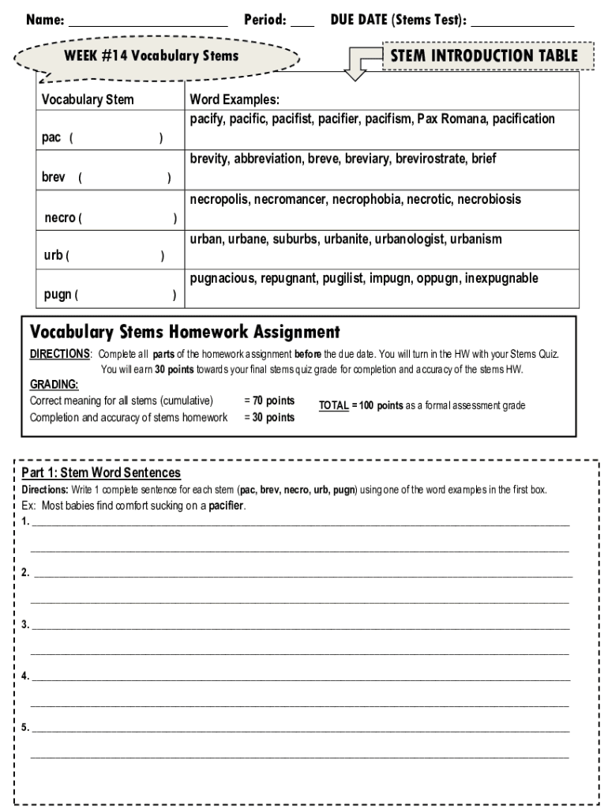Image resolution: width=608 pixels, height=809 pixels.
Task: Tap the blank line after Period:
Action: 302,22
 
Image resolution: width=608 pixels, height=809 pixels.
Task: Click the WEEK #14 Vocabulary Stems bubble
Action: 151,56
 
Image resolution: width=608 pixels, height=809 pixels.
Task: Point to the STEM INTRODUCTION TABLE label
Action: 484,56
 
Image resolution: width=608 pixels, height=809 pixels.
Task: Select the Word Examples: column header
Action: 235,100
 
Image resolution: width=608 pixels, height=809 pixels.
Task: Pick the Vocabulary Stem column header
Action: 88,100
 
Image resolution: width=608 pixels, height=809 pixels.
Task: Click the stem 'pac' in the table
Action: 51,137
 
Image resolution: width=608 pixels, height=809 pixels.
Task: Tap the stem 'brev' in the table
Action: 54,177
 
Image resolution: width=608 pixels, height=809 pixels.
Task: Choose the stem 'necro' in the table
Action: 60,217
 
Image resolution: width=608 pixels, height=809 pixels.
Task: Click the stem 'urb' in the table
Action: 53,255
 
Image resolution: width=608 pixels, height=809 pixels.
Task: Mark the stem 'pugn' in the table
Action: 57,295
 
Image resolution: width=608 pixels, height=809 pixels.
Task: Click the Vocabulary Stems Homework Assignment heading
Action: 185,332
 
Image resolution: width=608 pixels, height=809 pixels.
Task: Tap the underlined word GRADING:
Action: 54,385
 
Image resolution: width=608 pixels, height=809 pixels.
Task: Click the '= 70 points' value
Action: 269,401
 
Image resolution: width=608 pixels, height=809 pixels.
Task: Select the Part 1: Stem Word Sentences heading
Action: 101,472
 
